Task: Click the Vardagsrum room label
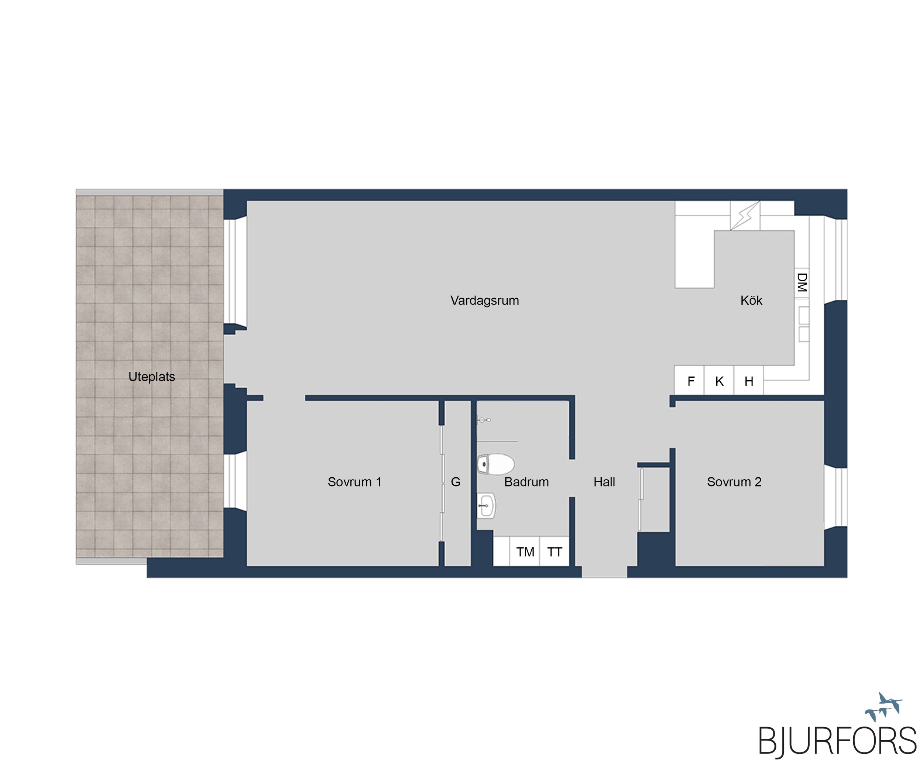[x=484, y=301]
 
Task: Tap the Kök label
[x=751, y=301]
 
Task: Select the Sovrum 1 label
[x=354, y=482]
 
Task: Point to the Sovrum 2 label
[x=734, y=482]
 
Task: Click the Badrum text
[x=526, y=482]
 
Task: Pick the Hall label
[x=604, y=482]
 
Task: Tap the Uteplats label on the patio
[x=152, y=377]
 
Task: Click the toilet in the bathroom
[x=496, y=464]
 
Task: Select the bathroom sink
[x=487, y=506]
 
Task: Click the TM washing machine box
[x=525, y=552]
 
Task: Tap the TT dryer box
[x=554, y=552]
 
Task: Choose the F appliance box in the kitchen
[x=690, y=381]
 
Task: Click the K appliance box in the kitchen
[x=719, y=381]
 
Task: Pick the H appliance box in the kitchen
[x=748, y=381]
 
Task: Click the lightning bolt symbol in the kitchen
[x=745, y=216]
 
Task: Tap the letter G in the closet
[x=456, y=482]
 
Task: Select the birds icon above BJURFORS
[x=883, y=707]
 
